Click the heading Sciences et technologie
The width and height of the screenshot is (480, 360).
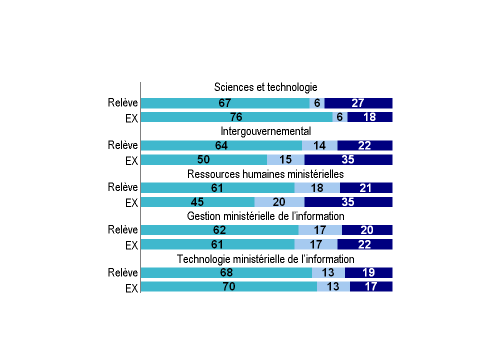265,87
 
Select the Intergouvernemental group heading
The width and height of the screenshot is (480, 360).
265,131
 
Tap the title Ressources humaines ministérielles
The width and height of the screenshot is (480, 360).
265,174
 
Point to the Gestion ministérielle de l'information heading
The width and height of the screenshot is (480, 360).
265,216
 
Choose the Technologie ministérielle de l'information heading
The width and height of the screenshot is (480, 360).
265,259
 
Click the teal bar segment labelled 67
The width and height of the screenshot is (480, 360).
225,103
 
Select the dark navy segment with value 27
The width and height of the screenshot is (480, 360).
358,103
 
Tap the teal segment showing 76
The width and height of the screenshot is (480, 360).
236,117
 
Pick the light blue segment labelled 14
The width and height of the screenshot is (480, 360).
319,145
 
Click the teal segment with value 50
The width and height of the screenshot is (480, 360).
204,160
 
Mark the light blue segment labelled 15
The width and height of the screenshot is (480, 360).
285,160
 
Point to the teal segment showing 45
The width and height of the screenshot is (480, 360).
197,202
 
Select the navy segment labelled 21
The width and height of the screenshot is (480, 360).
366,187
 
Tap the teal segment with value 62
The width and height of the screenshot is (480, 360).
219,230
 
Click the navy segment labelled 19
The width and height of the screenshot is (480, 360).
368,272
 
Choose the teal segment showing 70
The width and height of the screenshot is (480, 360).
229,286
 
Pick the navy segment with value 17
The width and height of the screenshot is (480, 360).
371,286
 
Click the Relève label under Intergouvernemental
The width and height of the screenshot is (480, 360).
122,145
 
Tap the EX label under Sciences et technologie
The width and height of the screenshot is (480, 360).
131,118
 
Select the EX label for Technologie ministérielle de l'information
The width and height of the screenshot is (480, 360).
131,288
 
